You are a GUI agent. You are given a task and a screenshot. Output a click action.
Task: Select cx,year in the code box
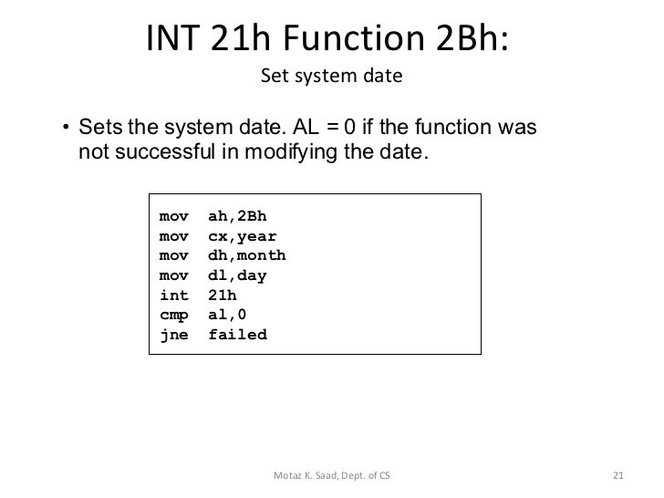(242, 236)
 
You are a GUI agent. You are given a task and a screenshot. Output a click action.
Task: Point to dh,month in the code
(246, 255)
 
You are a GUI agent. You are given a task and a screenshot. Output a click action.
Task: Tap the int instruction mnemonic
(173, 296)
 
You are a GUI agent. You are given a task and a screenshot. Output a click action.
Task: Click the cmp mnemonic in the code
(173, 315)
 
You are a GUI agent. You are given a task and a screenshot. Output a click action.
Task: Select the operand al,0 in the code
(227, 315)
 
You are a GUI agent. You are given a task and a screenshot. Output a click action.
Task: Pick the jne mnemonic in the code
(173, 335)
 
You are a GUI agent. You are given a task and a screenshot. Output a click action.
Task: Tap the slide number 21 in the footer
(617, 475)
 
